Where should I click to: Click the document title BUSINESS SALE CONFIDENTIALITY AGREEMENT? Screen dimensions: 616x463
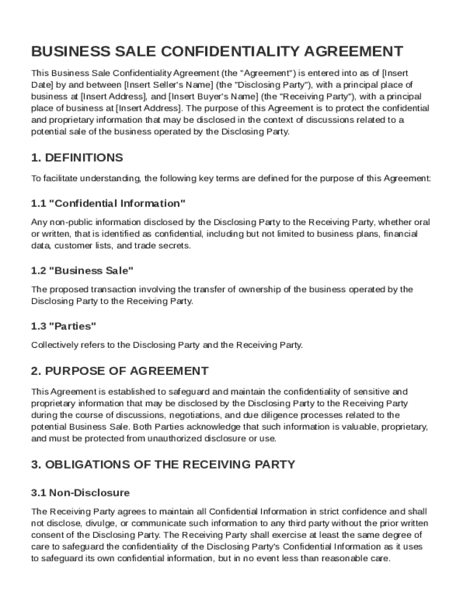pos(217,51)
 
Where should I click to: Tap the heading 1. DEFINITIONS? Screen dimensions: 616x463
pos(77,158)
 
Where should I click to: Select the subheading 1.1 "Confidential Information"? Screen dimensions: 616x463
pos(108,203)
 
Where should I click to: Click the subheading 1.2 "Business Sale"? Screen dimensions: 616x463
pos(82,271)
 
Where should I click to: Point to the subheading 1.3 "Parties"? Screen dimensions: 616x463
pos(64,326)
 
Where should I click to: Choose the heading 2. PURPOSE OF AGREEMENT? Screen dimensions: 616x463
pos(120,371)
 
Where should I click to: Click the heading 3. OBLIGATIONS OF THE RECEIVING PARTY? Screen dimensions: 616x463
pos(163,464)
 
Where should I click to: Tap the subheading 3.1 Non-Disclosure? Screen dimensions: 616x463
pos(81,493)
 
